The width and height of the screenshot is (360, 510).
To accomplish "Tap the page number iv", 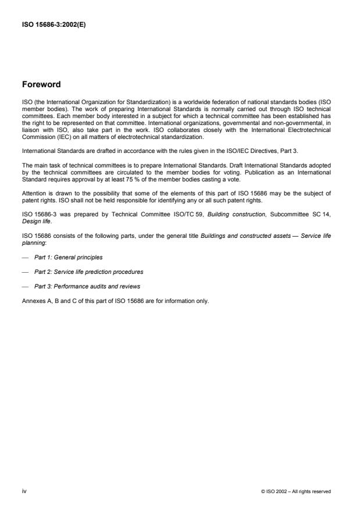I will [x=24, y=491].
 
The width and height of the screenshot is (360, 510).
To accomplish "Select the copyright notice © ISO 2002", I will [x=296, y=492].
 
